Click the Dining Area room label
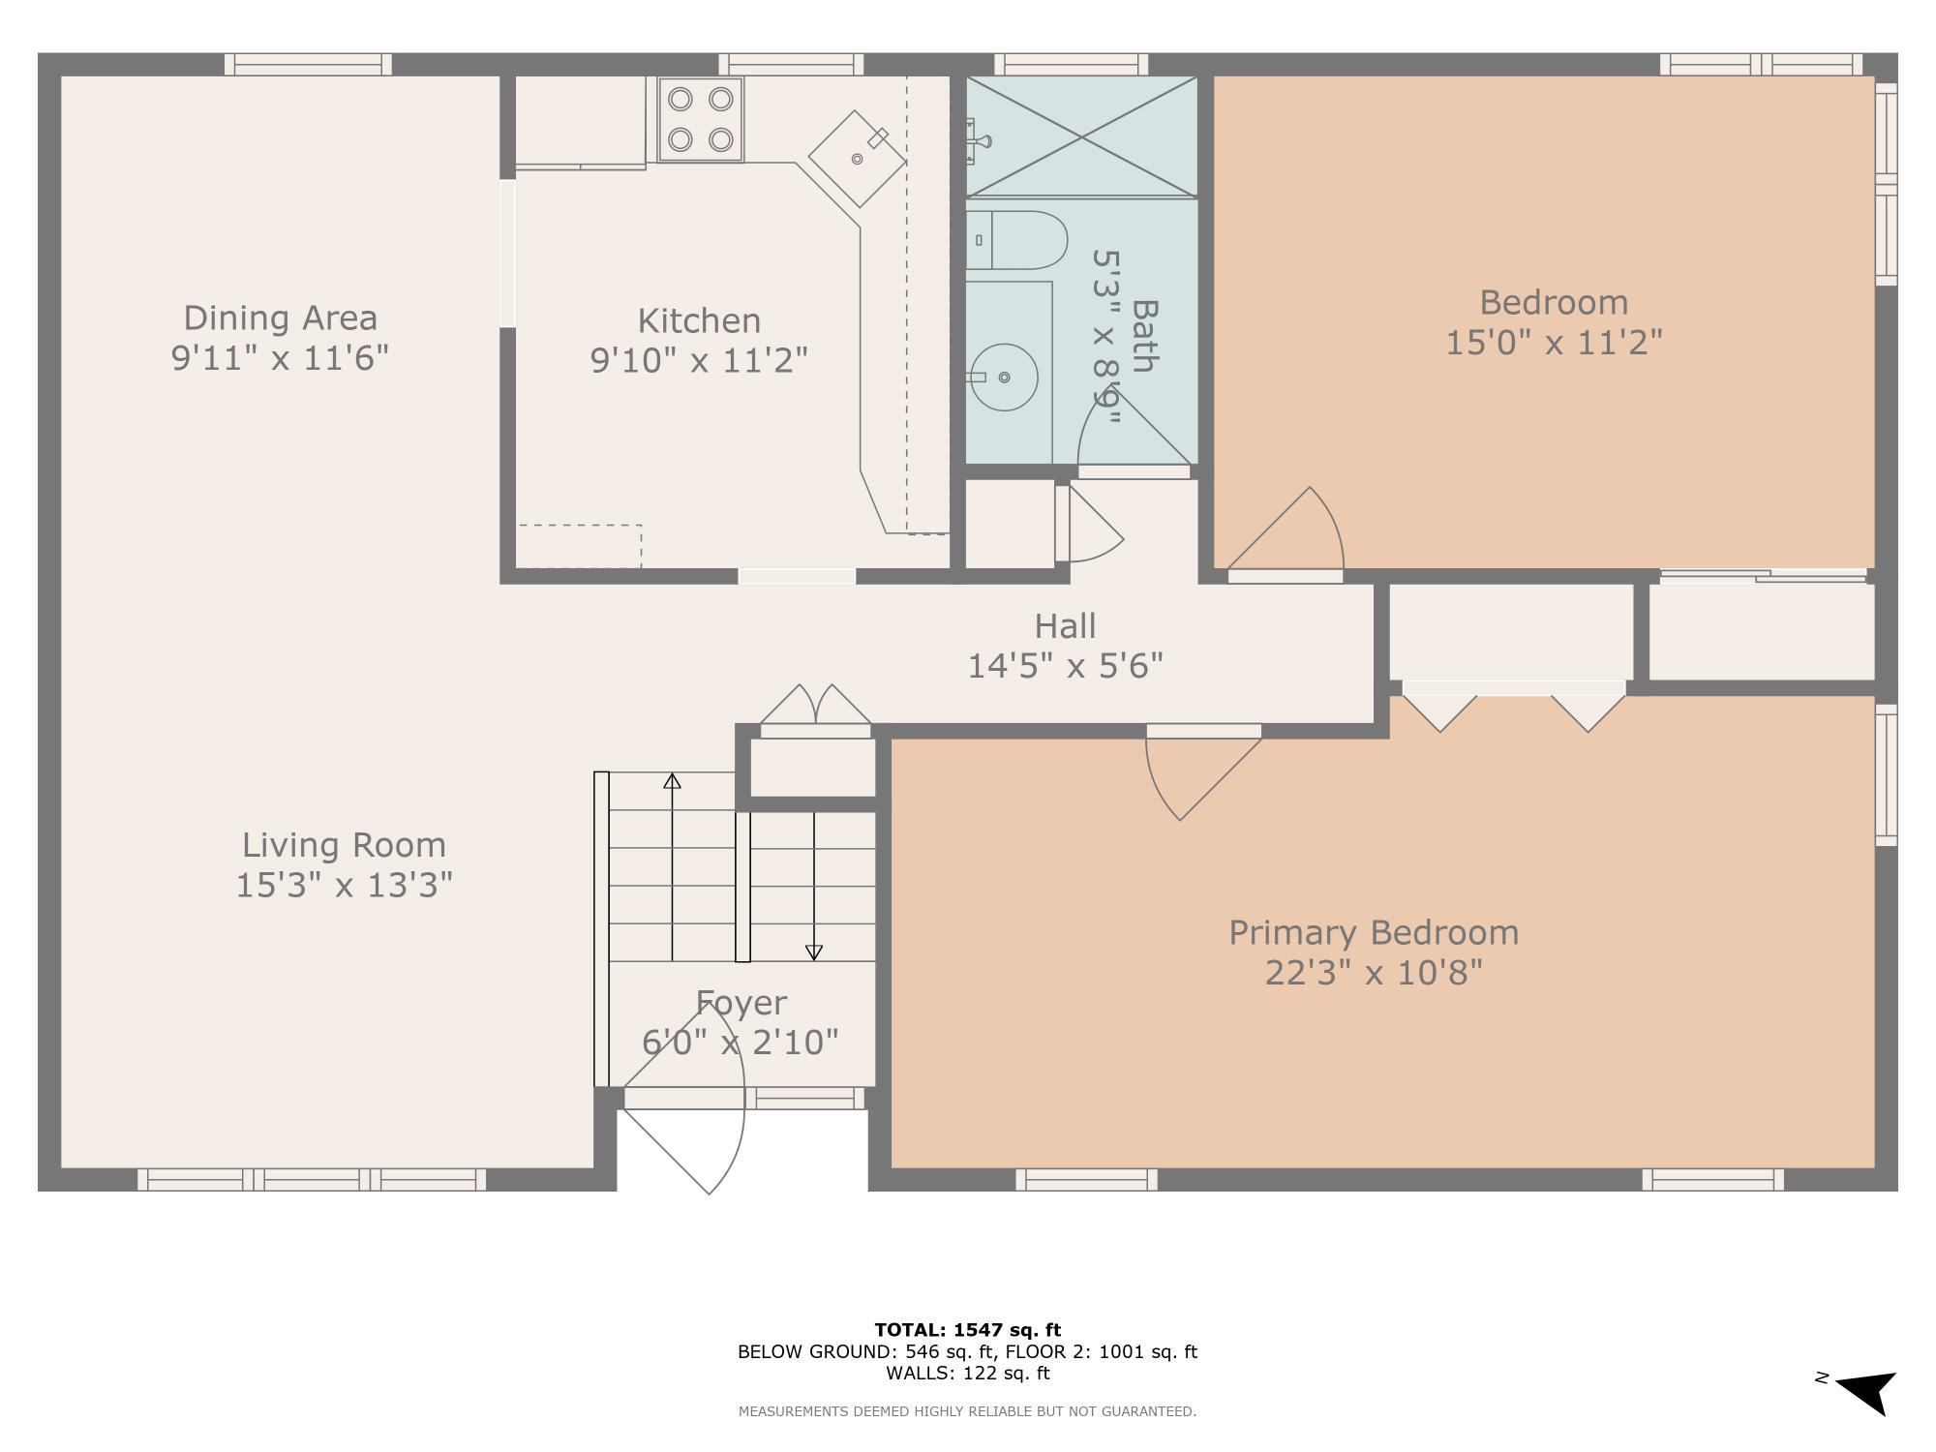click(280, 318)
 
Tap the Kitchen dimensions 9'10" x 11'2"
click(699, 361)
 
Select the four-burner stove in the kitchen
click(701, 119)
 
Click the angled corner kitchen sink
click(858, 158)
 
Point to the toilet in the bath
click(1016, 240)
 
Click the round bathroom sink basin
click(1006, 377)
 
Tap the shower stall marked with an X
click(1081, 136)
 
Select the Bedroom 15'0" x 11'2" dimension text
click(1554, 343)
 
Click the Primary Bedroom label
click(1374, 933)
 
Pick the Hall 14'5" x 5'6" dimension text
click(1065, 666)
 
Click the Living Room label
click(344, 845)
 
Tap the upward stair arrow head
click(672, 781)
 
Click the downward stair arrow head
click(814, 953)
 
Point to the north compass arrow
click(1865, 1392)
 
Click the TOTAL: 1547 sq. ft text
click(967, 1330)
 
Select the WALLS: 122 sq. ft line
click(967, 1373)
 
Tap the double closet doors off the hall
click(816, 708)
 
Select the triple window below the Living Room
click(312, 1179)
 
